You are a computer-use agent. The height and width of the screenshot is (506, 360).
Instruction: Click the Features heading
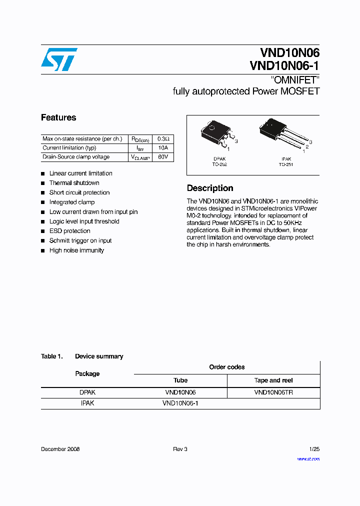pos(58,117)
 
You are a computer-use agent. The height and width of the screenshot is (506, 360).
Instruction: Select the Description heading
pos(210,188)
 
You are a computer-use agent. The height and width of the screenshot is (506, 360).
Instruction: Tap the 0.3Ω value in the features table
pos(163,138)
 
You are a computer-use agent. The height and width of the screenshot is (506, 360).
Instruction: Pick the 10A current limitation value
pos(163,148)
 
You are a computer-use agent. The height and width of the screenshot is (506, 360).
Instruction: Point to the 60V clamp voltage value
pos(163,157)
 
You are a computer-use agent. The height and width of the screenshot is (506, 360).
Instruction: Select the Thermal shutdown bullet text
pos(74,183)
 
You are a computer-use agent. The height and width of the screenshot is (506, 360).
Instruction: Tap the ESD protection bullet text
pos(69,231)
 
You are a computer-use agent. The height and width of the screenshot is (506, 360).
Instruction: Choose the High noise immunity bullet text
pos(76,250)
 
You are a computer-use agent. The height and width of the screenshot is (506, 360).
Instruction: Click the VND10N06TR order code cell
pos(273,392)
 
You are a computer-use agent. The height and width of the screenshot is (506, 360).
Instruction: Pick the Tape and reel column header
pos(273,380)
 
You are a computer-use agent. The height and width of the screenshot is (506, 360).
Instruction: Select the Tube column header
pos(180,380)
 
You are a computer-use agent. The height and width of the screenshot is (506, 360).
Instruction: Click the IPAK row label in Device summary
pos(87,403)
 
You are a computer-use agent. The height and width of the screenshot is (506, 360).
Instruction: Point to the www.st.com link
pos(308,459)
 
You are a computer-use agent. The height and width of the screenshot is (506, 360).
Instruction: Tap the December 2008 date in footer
pos(60,449)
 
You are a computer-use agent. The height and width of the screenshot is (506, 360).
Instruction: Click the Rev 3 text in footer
pos(180,449)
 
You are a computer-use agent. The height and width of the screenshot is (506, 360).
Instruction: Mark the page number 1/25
pos(314,449)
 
